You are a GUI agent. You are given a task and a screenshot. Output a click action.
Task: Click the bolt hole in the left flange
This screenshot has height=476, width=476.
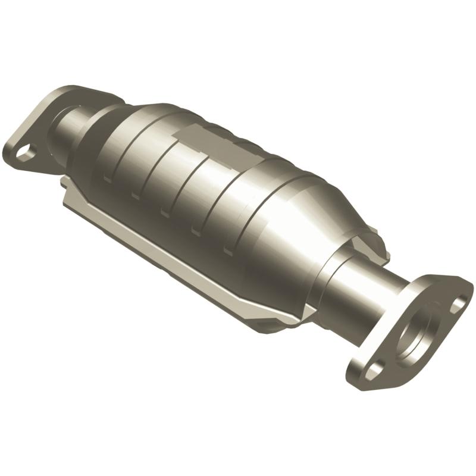24,152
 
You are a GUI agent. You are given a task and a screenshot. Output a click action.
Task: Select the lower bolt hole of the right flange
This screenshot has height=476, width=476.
373,370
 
